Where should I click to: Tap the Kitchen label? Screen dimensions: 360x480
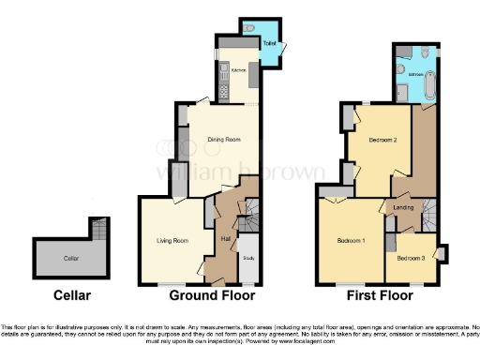[x=238, y=70]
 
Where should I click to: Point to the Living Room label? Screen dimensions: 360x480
[x=172, y=241]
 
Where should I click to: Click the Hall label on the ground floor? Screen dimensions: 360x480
[x=225, y=238]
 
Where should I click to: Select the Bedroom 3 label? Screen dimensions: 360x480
[x=411, y=257]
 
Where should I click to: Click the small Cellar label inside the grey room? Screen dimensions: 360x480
[x=71, y=256]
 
